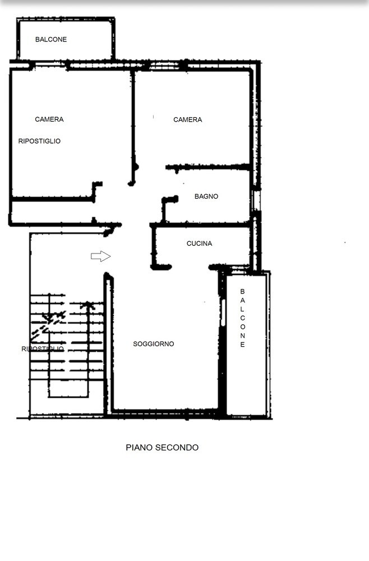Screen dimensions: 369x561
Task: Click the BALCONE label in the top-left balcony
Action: coord(51,39)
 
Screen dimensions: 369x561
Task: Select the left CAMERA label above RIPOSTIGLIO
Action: coord(49,119)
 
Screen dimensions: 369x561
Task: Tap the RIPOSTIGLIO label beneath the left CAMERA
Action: coord(39,141)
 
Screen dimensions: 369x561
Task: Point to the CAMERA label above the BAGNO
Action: coord(188,119)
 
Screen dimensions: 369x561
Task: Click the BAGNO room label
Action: coord(206,196)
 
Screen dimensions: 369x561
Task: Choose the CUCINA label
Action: coord(199,243)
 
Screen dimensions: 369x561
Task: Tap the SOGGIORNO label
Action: coord(154,344)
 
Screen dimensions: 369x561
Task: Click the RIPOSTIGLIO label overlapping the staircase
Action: coord(43,349)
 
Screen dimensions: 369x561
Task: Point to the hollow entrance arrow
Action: coord(100,256)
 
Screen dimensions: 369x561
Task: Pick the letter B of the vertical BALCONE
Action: coord(242,292)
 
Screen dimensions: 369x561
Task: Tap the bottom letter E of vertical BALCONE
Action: coord(242,344)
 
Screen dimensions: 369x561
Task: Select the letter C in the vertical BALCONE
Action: coord(242,318)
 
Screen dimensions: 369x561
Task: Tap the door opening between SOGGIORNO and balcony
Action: coord(223,312)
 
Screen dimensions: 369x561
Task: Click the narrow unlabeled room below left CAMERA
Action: coord(52,211)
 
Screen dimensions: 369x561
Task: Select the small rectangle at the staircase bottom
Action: coord(68,388)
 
